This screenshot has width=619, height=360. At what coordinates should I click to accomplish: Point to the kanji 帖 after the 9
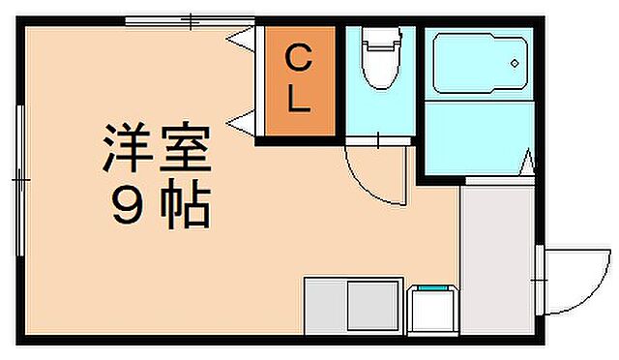pyautogui.click(x=184, y=207)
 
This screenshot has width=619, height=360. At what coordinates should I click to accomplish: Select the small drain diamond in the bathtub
pyautogui.click(x=516, y=62)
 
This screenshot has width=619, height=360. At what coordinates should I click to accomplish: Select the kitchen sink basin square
pyautogui.click(x=371, y=307)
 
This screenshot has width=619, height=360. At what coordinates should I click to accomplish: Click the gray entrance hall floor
pyautogui.click(x=497, y=256)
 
